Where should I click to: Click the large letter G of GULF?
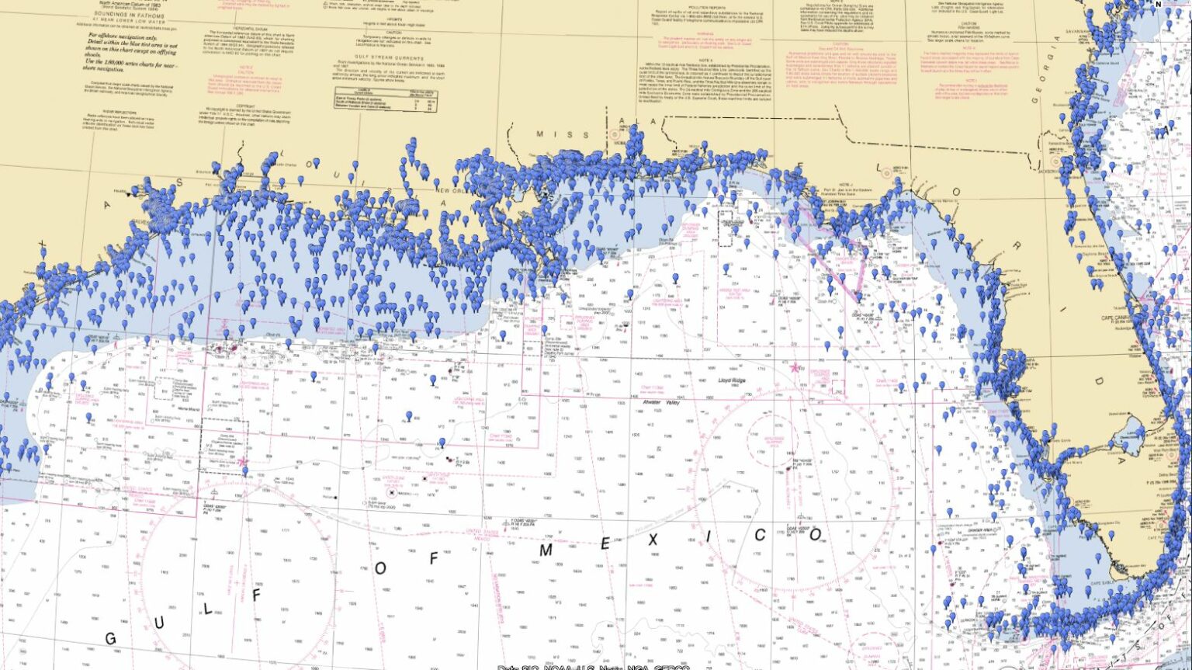pyautogui.click(x=109, y=638)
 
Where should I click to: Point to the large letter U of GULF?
pyautogui.click(x=160, y=623)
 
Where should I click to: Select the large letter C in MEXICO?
pyautogui.click(x=761, y=535)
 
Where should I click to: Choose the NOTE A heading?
pyautogui.click(x=705, y=60)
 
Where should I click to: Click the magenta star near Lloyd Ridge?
pyautogui.click(x=795, y=367)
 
